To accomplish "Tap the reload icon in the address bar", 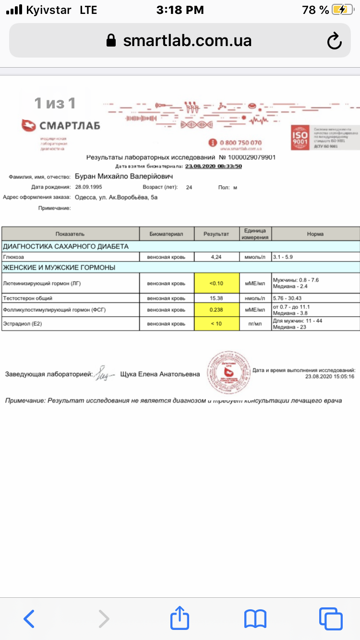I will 334,41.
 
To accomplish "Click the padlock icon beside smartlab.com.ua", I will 111,40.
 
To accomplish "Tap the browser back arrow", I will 29,618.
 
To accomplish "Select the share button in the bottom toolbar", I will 180,617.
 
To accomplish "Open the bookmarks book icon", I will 255,618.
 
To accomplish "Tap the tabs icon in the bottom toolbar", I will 331,618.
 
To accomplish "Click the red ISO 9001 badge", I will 300,138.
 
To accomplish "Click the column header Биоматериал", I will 167,234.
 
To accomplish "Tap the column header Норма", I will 315,234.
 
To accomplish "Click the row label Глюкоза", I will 13,257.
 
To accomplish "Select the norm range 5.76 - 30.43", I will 290,298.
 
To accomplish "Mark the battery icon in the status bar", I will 342,10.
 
